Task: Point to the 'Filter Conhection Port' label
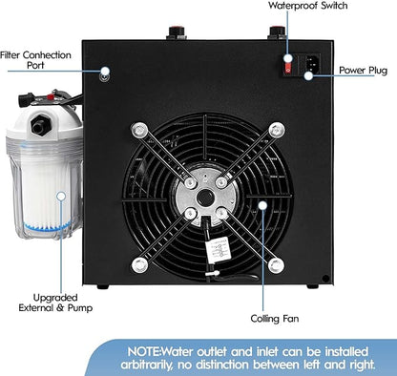pos(37,60)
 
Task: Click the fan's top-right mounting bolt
pos(275,128)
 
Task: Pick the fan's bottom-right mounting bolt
pos(275,264)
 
